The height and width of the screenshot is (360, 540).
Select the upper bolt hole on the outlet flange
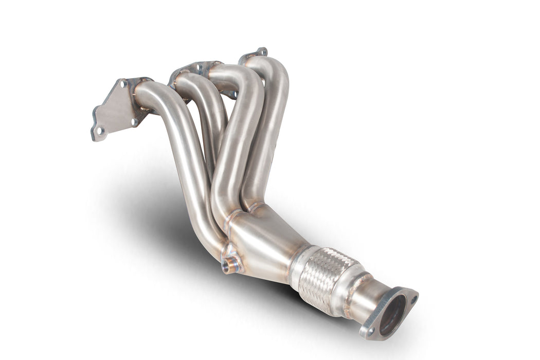pyautogui.click(x=413, y=298)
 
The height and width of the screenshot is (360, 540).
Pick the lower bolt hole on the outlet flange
pyautogui.click(x=371, y=332)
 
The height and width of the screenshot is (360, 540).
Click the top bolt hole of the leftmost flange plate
pyautogui.click(x=123, y=84)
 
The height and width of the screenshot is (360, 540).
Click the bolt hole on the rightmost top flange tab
pyautogui.click(x=261, y=51)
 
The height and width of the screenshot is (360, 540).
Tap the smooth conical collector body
pyautogui.click(x=267, y=247)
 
